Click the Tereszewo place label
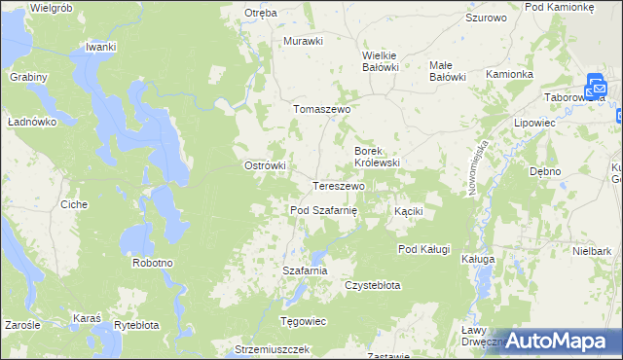(x=339, y=186)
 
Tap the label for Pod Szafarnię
(x=324, y=210)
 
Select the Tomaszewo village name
(x=322, y=110)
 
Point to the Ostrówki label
(x=264, y=165)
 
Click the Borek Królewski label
(x=378, y=157)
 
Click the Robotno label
(x=153, y=264)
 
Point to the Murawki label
(x=303, y=41)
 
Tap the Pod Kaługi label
(x=423, y=249)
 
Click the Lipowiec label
(x=534, y=125)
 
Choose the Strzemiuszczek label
(x=272, y=348)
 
